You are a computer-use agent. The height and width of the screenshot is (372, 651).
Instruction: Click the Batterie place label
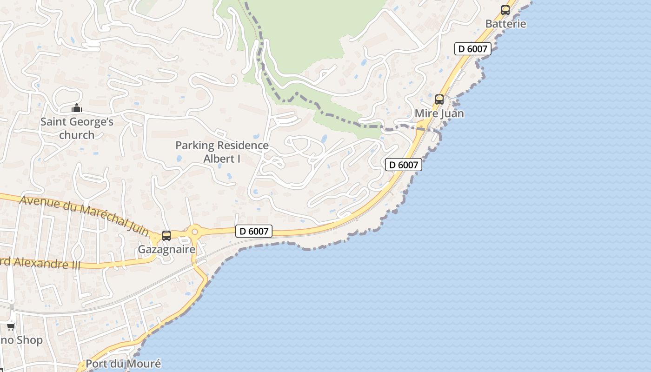point(505,24)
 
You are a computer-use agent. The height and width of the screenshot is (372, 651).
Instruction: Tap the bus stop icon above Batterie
point(505,10)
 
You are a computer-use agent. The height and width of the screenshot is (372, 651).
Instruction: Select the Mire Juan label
point(439,113)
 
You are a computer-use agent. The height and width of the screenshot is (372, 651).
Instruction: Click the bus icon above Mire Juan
point(439,99)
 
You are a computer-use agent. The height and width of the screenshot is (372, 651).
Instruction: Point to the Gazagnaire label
point(166,249)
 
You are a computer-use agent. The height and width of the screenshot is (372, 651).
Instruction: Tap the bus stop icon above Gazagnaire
point(166,236)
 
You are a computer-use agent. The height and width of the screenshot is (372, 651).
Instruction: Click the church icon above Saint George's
point(77,108)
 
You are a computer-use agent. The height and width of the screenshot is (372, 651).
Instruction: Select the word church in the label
point(77,135)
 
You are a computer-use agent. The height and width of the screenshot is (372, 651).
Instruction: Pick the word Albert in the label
point(219,159)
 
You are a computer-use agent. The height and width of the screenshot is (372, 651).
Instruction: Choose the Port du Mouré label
point(123,364)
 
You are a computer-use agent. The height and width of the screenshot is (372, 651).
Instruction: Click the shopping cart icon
point(10,326)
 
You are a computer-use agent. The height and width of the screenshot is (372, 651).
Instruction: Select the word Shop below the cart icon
point(29,340)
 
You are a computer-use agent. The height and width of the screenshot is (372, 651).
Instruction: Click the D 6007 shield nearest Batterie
point(472,48)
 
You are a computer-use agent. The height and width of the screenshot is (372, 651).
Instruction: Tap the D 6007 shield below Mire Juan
point(403,165)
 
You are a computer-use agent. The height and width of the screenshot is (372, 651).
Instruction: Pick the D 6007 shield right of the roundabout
point(253,231)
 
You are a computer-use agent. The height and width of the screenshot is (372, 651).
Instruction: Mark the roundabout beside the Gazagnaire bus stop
point(194,231)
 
